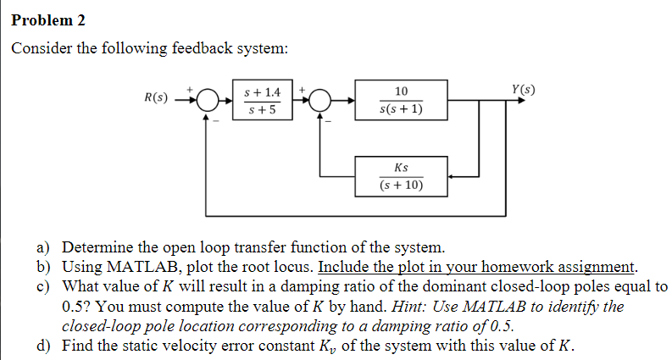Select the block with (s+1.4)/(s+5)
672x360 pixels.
click(x=260, y=101)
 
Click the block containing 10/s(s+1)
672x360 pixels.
click(x=401, y=101)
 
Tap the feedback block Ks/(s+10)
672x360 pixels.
click(x=401, y=176)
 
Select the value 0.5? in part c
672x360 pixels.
click(x=81, y=307)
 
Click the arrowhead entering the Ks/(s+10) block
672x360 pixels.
click(x=453, y=177)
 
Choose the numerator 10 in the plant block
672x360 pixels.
click(x=401, y=91)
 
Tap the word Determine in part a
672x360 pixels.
click(x=97, y=248)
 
